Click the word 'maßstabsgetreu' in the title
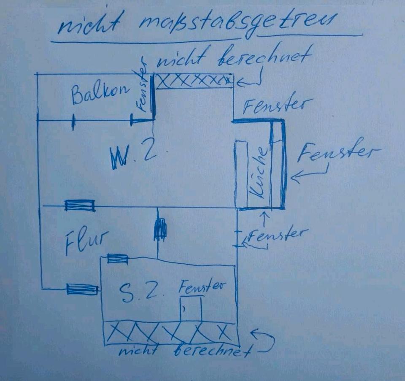237,24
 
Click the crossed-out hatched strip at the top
194,81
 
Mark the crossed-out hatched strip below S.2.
170,333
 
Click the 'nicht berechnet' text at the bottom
184,351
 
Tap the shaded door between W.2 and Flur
80,205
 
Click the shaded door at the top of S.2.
118,259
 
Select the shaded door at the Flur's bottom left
82,289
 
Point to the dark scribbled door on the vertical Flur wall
160,229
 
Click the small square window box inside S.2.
191,309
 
